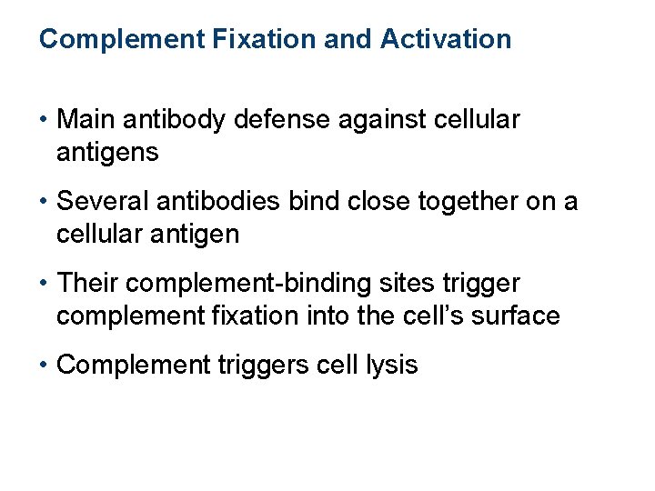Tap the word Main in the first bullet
(x=87, y=119)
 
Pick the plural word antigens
(x=107, y=153)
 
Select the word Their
(x=88, y=282)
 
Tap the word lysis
(x=390, y=365)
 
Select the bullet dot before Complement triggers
(x=45, y=365)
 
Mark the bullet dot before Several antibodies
(x=45, y=200)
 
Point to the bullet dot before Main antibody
(x=45, y=119)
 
